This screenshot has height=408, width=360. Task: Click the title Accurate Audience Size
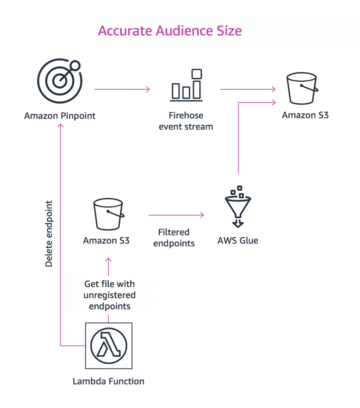coord(170,31)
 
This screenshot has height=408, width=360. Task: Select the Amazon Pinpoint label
coord(60,116)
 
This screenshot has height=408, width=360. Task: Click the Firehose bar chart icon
coord(186,84)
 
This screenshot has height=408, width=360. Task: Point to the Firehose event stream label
coord(186,121)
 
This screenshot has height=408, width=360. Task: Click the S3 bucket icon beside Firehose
coord(303,89)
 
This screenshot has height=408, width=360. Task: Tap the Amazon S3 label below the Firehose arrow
coord(305,116)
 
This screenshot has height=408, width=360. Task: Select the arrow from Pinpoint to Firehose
coord(122,89)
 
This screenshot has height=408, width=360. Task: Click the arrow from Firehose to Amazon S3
coord(248,89)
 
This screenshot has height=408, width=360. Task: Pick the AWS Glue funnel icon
coord(238,206)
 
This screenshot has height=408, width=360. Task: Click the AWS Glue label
coord(238,241)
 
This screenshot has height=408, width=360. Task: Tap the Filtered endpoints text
coord(174,237)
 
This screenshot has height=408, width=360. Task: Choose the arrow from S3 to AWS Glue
coord(176,215)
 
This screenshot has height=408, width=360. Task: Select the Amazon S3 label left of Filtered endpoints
coord(106,241)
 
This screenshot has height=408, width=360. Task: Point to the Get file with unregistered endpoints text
coord(110,295)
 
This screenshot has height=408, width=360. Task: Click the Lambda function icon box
coord(109,345)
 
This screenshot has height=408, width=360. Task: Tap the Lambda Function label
coord(108,381)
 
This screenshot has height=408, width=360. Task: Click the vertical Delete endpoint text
coord(49,233)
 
